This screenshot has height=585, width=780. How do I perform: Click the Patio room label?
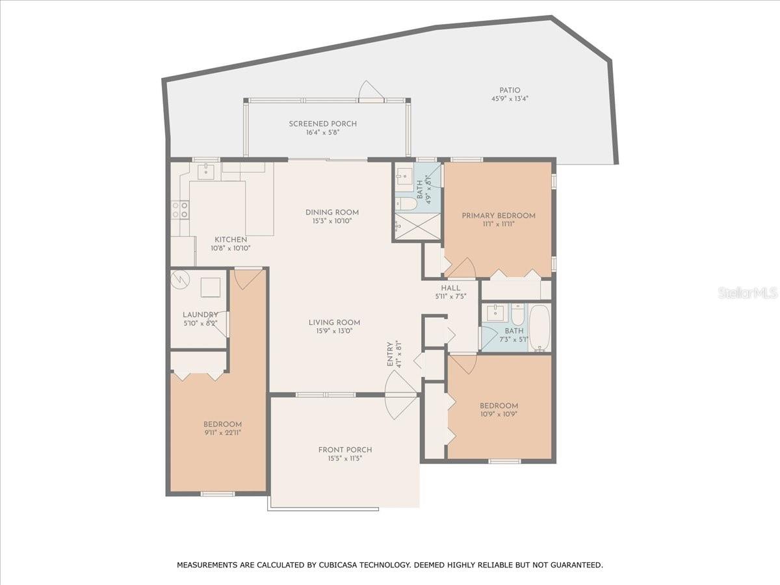510,90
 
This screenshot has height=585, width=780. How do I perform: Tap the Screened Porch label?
322,124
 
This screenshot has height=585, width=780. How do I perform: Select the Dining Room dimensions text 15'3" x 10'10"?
332,221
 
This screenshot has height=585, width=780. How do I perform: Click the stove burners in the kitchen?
180,209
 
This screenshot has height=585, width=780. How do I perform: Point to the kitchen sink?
206,171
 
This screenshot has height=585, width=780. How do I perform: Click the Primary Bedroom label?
499,216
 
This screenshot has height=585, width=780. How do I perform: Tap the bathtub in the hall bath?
539,328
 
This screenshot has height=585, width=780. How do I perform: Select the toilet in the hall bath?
519,315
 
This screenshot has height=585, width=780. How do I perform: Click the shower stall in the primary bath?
418,226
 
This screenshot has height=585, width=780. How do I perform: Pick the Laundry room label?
200,315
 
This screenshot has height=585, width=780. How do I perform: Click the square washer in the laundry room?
211,287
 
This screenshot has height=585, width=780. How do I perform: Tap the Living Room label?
334,322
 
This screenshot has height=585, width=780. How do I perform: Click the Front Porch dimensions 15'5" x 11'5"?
345,458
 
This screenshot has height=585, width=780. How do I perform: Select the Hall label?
450,288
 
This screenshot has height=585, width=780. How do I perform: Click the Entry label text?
390,354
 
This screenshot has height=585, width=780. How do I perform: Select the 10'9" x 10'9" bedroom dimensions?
499,414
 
